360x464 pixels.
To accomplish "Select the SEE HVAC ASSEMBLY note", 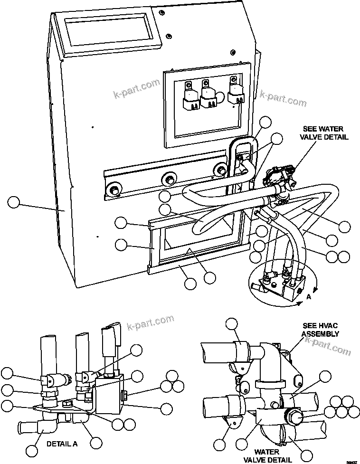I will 321,330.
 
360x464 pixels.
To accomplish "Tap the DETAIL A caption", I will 62,445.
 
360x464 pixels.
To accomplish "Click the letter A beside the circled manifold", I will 309,296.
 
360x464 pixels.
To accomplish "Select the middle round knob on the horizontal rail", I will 168,179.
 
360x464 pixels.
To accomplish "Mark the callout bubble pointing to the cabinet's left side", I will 14,203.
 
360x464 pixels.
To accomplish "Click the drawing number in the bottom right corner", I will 352,460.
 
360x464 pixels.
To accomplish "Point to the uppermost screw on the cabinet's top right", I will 162,11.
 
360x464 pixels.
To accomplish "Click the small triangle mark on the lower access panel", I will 189,249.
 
